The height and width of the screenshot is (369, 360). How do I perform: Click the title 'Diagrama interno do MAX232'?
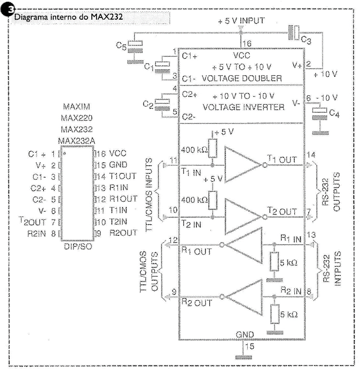coord(68,17)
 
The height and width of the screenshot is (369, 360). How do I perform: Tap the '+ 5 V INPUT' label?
coord(241,20)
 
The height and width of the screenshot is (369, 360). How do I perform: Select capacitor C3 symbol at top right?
coord(294,32)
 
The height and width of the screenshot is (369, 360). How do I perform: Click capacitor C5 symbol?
coord(135,47)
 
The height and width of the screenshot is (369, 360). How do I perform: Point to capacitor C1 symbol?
coord(162,67)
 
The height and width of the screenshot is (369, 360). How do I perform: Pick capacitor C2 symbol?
coord(162,105)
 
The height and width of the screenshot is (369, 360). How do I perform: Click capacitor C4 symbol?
coord(319,114)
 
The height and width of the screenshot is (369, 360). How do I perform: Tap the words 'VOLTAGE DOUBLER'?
coord(242,78)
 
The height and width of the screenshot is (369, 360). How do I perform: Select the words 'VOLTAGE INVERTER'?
coord(243,107)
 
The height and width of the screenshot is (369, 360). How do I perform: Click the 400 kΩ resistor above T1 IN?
coord(213,148)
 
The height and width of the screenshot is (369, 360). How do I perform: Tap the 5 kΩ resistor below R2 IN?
coord(275,314)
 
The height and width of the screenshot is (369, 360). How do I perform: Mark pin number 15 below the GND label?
coord(250,346)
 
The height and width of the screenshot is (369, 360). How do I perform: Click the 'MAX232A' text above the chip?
coord(77,141)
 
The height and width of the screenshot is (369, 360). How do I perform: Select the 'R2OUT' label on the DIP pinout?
coord(123,233)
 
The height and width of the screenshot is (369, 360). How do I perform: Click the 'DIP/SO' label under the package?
coord(78,246)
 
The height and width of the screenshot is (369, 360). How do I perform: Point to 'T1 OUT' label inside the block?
coord(282,160)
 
